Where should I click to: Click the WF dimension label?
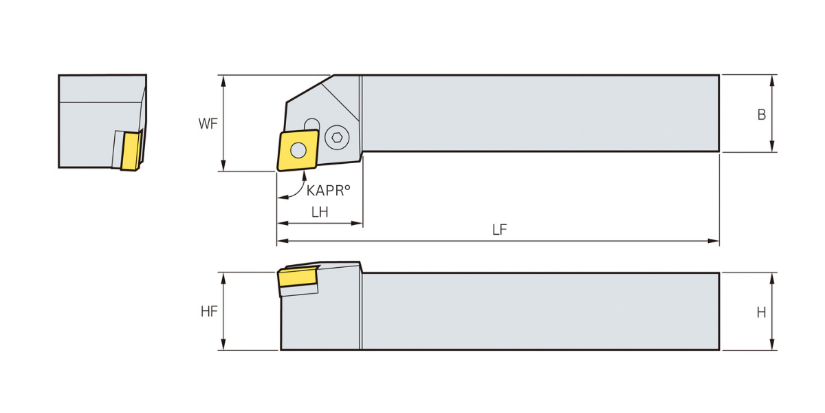click(x=208, y=123)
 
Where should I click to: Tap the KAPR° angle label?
click(x=328, y=190)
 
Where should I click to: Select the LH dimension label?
click(x=320, y=212)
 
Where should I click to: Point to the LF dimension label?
click(x=500, y=230)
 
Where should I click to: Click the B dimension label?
click(x=762, y=115)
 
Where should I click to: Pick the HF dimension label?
click(x=209, y=312)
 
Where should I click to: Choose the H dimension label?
click(x=761, y=313)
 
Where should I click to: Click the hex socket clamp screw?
click(x=337, y=138)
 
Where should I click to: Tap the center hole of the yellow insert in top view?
click(x=298, y=150)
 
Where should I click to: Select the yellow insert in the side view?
click(x=298, y=277)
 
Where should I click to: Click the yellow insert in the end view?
click(x=131, y=151)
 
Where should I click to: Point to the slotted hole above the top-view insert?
click(x=312, y=125)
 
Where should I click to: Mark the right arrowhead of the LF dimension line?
click(x=714, y=241)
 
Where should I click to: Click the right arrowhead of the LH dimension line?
click(x=357, y=223)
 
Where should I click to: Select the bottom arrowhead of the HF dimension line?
click(x=223, y=344)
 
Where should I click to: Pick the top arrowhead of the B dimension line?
click(x=772, y=81)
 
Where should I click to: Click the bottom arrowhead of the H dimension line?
click(x=772, y=344)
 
